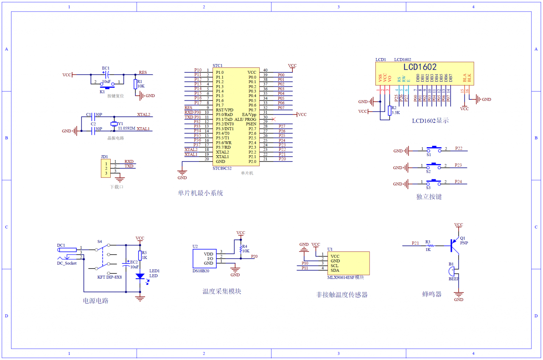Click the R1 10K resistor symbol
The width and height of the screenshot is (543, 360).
135,84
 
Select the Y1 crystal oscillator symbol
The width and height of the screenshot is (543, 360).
113,124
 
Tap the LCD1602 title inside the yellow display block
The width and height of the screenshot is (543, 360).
420,67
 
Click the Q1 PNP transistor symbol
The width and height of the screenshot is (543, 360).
456,243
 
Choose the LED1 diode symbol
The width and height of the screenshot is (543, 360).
140,276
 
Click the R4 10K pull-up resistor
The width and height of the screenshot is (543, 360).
241,248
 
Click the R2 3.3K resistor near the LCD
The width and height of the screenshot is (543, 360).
389,111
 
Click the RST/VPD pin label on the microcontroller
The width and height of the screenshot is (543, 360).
224,110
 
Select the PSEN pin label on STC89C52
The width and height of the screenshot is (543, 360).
251,124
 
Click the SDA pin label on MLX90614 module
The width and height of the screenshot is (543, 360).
335,270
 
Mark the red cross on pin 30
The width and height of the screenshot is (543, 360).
273,119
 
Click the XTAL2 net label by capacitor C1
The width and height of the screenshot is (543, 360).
143,114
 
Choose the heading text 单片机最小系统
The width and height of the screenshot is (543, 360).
200,193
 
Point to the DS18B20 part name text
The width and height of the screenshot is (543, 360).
201,271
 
